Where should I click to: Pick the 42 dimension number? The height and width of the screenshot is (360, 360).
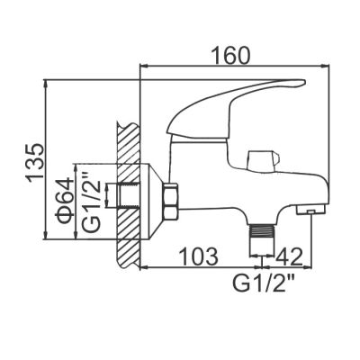tap(288, 256)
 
